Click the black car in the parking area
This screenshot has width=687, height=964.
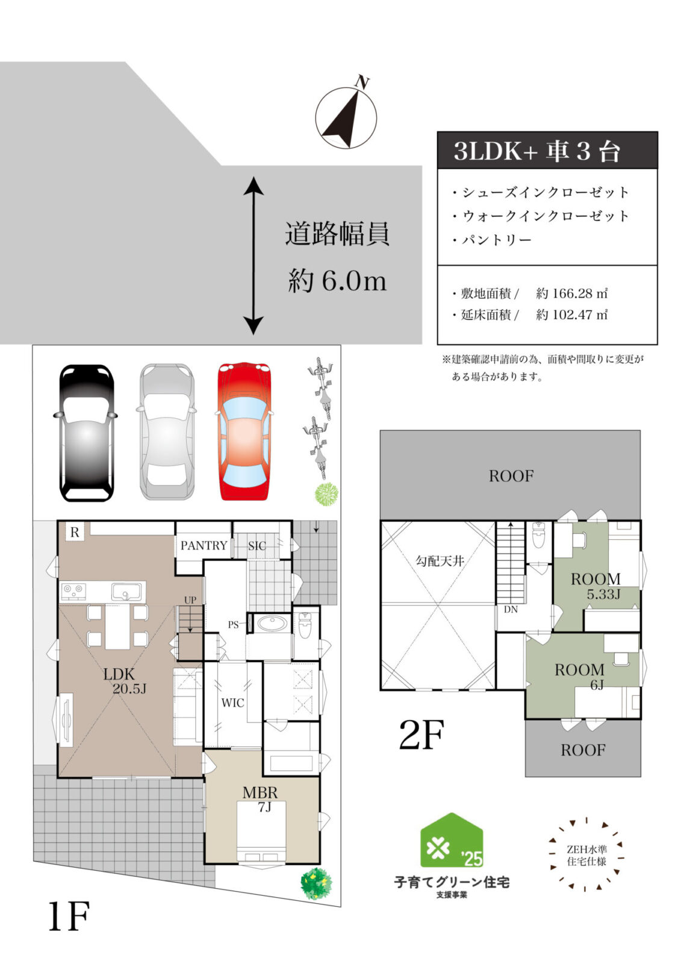point(87,433)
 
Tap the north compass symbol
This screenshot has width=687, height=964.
point(346,117)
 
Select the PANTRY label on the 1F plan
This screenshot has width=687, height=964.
point(204,545)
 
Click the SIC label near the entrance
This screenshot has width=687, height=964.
point(257,546)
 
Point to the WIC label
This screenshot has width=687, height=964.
point(232,703)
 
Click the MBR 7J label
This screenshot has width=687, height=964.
point(261,799)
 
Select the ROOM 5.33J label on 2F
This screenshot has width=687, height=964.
point(596,586)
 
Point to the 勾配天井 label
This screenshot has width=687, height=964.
point(440,561)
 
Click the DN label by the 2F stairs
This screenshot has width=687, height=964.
point(511,610)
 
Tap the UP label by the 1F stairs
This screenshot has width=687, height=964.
point(190,600)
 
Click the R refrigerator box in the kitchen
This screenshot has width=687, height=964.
point(75,532)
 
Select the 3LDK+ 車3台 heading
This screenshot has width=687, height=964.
point(537,151)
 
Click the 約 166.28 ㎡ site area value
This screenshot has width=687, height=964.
point(571,293)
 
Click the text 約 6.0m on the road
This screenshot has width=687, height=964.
point(337,281)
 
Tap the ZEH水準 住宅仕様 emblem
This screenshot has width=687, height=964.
point(586,855)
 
